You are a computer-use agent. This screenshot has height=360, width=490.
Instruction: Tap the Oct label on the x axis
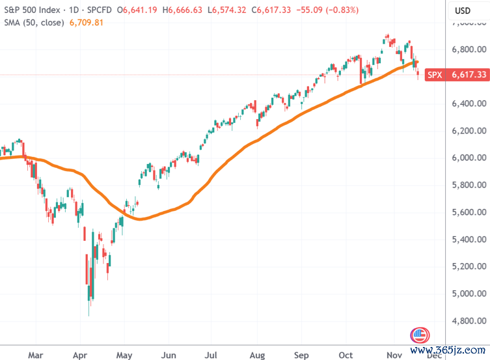point(346,355)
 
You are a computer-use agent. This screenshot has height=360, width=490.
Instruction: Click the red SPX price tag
point(434,75)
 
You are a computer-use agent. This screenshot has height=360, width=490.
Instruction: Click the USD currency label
point(463,10)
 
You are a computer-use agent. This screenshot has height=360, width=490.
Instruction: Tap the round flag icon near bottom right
point(420,336)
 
